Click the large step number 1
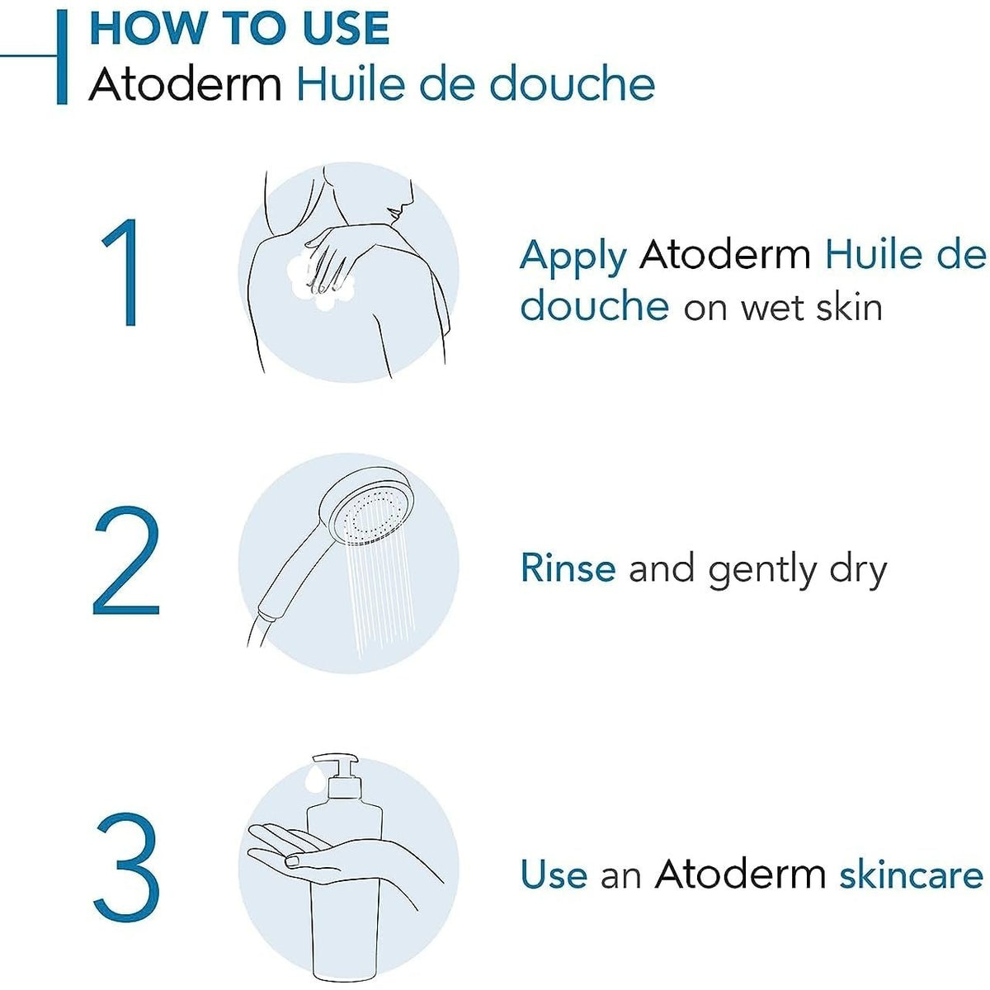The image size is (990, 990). pyautogui.click(x=122, y=273)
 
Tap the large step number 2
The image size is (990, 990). pyautogui.click(x=125, y=562)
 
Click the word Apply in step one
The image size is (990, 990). pyautogui.click(x=573, y=257)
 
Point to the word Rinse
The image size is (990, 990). pyautogui.click(x=568, y=568)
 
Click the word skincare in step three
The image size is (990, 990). pyautogui.click(x=911, y=874)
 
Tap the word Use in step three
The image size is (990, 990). pyautogui.click(x=554, y=874)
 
